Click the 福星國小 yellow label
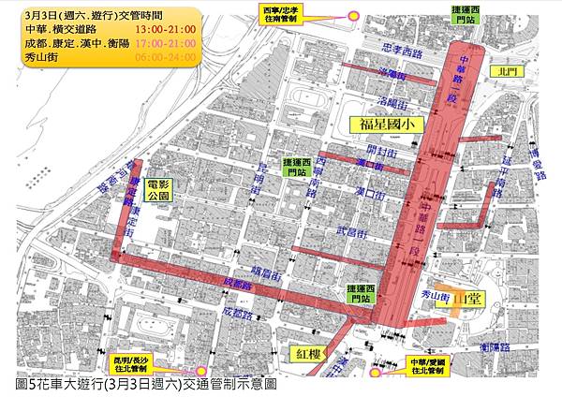coord(387,124)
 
